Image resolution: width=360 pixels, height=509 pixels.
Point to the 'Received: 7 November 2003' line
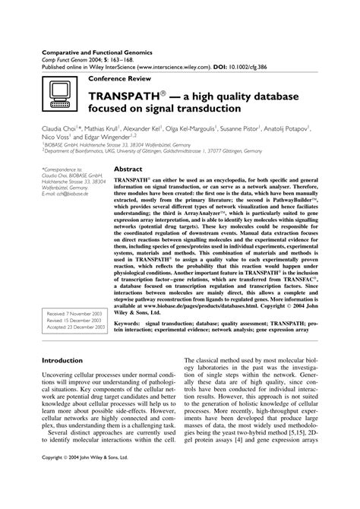74,313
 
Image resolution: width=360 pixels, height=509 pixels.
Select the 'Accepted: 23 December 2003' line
76,327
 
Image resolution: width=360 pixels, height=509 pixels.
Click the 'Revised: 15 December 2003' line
74,320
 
